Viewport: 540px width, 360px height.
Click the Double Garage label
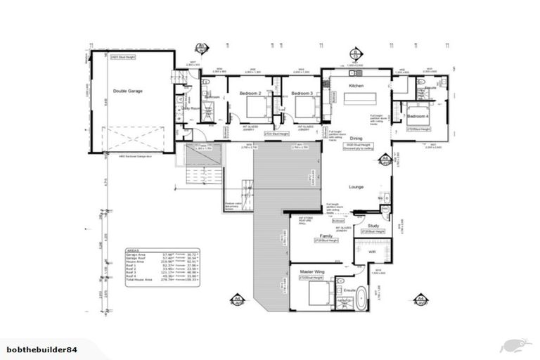(129, 91)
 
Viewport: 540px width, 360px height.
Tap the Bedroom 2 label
(250, 94)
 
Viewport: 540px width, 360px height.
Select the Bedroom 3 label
(302, 94)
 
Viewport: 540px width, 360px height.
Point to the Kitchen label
(356, 85)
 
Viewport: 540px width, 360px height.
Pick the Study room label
(373, 225)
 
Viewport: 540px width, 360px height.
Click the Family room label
(326, 236)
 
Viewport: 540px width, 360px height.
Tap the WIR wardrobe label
(369, 251)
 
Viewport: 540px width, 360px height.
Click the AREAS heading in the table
(134, 250)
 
